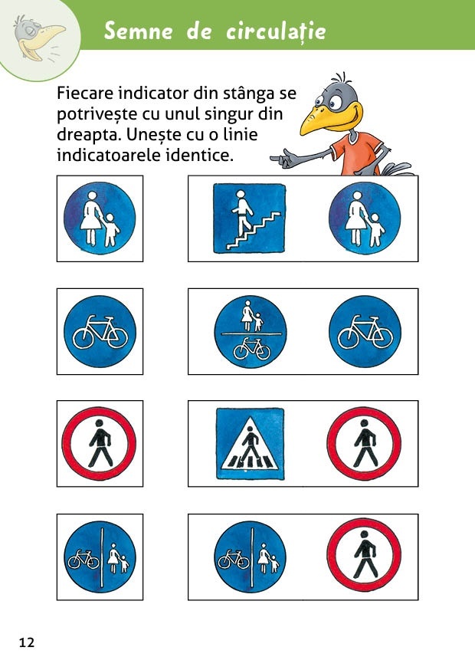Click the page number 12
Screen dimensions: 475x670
coord(27,642)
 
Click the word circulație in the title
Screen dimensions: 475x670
coord(276,31)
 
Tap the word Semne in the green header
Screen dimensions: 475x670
coord(139,31)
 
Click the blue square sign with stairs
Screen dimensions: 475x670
coord(250,218)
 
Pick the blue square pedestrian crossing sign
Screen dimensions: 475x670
coord(250,444)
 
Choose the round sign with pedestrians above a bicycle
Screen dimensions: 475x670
coord(251,332)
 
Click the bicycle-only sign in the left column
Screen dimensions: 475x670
coord(100,332)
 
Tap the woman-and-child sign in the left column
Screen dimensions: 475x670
coord(100,218)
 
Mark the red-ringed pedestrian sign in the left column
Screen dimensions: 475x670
coord(99,444)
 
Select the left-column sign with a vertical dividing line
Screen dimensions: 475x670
coord(100,557)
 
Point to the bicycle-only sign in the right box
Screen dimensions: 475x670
coord(365,332)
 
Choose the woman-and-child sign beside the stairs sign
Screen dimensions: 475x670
coord(365,218)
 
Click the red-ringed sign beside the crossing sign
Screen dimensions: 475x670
coord(364,444)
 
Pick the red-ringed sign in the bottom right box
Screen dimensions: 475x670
coord(364,555)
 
